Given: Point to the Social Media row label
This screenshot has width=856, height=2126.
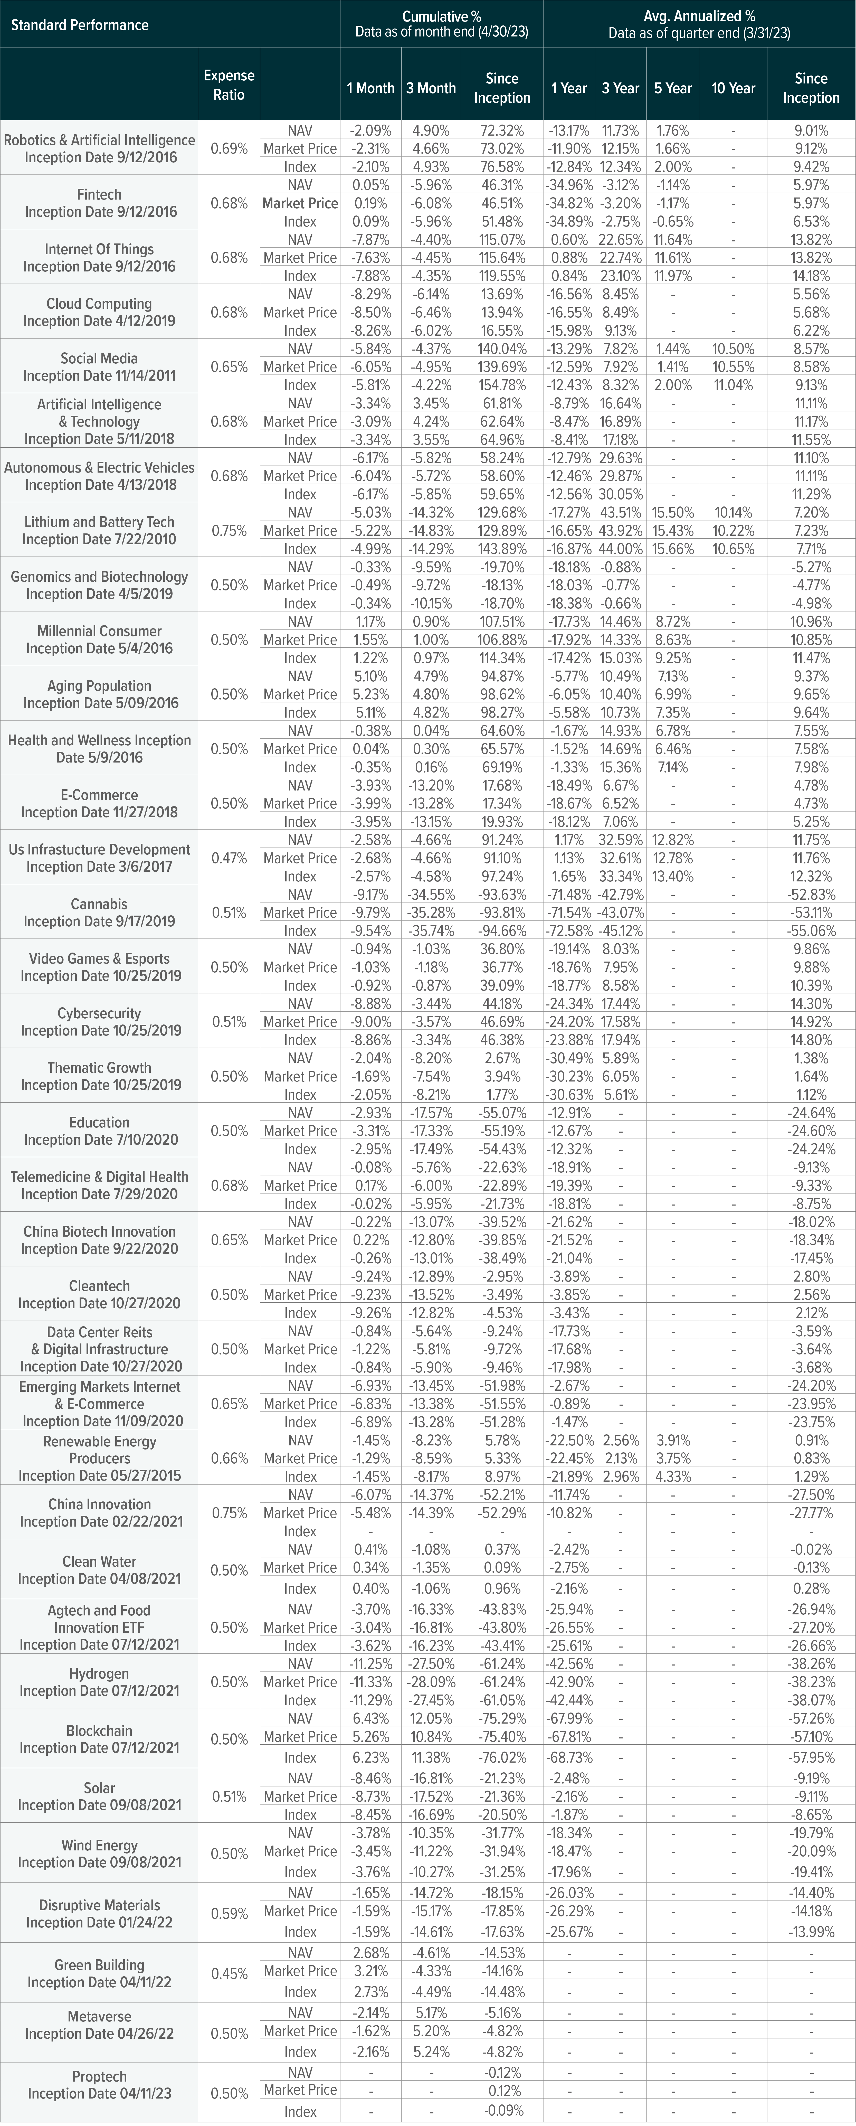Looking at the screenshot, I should point(99,366).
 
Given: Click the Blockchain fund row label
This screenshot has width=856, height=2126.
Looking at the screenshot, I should point(99,1739).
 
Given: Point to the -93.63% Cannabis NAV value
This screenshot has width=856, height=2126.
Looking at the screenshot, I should point(501,895).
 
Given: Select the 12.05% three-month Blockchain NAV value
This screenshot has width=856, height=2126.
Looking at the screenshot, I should point(431,1718).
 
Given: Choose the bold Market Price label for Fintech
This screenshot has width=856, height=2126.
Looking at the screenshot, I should point(300,203).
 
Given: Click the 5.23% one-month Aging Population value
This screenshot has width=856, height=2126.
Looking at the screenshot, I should point(370,694).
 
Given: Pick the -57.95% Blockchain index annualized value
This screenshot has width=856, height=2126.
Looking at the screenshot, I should point(811,1758).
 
